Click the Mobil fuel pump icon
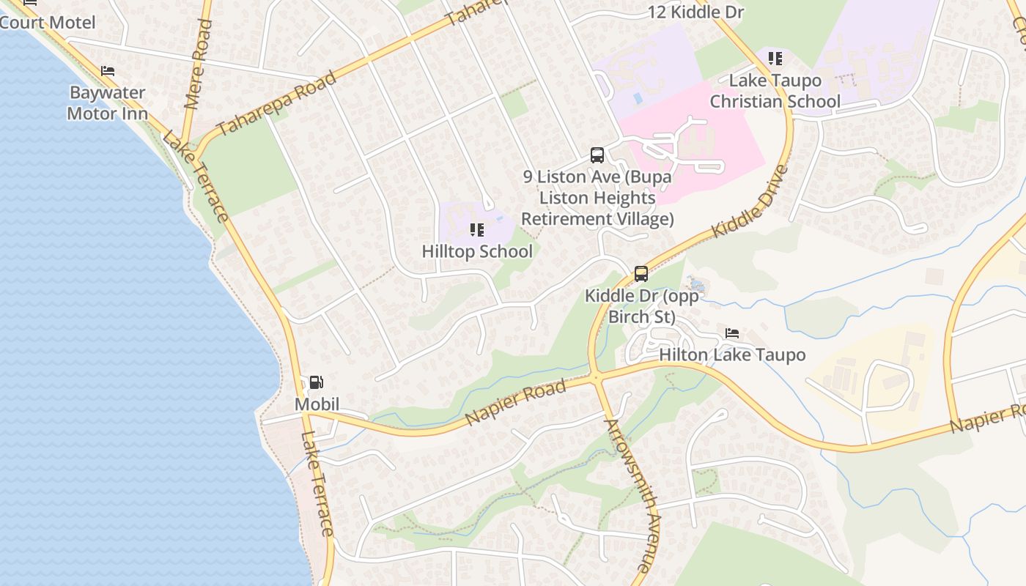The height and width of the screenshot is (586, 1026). click(x=316, y=382)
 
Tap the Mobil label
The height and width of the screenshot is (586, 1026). click(x=317, y=404)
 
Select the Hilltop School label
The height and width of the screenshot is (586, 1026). click(x=477, y=251)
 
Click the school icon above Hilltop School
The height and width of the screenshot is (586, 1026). click(x=477, y=230)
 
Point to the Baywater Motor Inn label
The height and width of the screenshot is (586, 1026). click(x=108, y=103)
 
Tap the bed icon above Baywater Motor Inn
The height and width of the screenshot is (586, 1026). click(x=108, y=71)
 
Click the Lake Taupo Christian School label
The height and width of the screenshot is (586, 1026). click(x=775, y=91)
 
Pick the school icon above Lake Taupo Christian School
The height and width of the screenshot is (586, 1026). click(x=775, y=58)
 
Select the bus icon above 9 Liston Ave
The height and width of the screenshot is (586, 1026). click(x=597, y=155)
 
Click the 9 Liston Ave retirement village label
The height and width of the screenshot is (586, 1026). click(x=597, y=198)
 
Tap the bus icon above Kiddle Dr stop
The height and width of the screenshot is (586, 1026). click(x=641, y=274)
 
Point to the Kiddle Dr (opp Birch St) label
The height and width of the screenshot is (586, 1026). click(x=641, y=306)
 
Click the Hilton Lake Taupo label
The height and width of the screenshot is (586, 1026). click(x=732, y=355)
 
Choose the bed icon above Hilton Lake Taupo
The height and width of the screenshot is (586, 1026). click(x=731, y=334)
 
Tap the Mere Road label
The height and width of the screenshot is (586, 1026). click(x=198, y=64)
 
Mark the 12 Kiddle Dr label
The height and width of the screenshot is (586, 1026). click(x=696, y=12)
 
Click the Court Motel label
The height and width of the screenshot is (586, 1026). click(x=48, y=23)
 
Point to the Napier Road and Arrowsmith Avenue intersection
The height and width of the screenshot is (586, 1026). click(x=597, y=378)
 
